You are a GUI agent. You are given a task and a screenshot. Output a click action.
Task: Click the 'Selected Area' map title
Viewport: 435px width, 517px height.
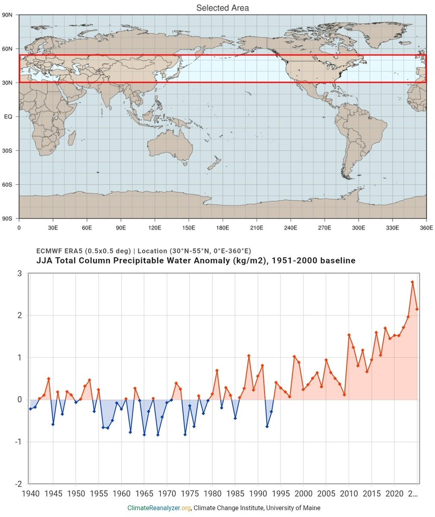coord(222,8)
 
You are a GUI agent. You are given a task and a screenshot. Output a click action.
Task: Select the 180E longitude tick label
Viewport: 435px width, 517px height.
coord(222,228)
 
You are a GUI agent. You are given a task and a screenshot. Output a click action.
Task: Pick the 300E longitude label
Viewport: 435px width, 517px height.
coord(358,228)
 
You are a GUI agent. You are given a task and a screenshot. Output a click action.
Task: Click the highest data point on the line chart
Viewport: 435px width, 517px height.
coord(413,282)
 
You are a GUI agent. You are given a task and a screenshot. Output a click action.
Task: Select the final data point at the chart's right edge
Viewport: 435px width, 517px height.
coord(417,309)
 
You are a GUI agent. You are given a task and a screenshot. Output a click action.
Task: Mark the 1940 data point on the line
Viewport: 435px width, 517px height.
coord(30,409)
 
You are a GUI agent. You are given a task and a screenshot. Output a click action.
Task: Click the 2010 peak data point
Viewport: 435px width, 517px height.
coord(349,335)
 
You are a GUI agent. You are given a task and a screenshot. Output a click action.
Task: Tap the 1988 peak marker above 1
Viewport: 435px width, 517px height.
coord(249,356)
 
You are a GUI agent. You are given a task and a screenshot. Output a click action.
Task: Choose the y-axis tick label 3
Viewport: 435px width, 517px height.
coord(19,273)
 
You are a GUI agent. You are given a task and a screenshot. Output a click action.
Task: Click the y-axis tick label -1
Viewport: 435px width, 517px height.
coord(18,442)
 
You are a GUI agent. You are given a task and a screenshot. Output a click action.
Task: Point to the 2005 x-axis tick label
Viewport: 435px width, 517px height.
coord(326,493)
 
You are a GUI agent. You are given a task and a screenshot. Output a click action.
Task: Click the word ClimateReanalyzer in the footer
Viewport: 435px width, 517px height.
coord(153,508)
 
